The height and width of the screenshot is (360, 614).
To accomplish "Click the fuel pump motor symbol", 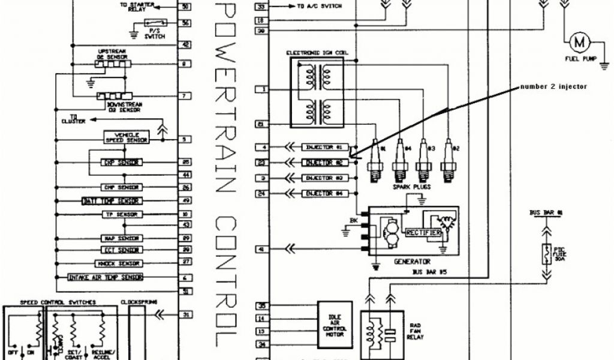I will [x=579, y=42].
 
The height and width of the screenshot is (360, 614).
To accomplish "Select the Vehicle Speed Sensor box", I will [x=126, y=137].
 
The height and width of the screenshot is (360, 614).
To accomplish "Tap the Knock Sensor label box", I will [x=118, y=263].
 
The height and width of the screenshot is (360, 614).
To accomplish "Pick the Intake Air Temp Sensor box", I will [x=106, y=278].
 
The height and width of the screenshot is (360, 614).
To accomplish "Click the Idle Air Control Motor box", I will [x=335, y=325].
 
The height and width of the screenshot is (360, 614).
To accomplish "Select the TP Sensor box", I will [x=121, y=214].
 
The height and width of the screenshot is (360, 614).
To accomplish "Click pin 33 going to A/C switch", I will [x=261, y=7].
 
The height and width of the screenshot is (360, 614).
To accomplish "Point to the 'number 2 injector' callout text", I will [x=552, y=86].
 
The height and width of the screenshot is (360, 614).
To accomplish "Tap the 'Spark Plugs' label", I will [x=411, y=187].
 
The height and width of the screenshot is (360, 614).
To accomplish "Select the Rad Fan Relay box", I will [x=382, y=331].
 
